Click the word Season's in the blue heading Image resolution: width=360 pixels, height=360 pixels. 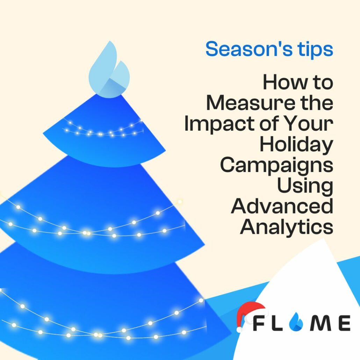pyautogui.click(x=249, y=49)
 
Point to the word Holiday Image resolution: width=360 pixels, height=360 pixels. pyautogui.click(x=296, y=145)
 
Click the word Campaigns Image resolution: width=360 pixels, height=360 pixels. pyautogui.click(x=277, y=166)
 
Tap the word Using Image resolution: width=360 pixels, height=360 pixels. pyautogui.click(x=305, y=186)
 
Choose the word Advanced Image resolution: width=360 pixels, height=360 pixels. pyautogui.click(x=282, y=206)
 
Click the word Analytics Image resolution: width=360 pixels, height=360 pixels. pyautogui.click(x=287, y=226)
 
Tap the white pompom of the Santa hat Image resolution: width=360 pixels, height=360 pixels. pyautogui.click(x=239, y=329)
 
